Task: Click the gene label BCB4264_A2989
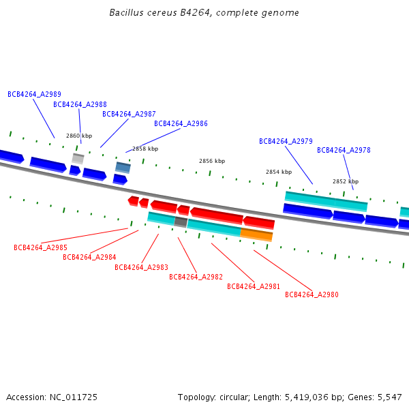pos(34,95)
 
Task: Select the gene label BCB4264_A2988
pos(80,105)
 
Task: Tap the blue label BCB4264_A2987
pos(129,115)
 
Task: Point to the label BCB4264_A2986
pos(181,124)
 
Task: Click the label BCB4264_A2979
pos(286,142)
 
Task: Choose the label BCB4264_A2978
pos(344,151)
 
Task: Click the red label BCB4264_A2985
pos(40,247)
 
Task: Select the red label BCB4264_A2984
pos(89,257)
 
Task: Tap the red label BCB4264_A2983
pos(141,267)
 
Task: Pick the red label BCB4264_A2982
pos(196,277)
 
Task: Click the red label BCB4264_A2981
pos(254,286)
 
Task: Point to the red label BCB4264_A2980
pos(312,295)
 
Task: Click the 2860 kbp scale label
pos(79,136)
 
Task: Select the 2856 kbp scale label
pos(211,162)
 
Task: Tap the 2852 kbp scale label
pos(345,182)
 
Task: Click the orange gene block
pos(256,234)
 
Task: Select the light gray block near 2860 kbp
pos(78,158)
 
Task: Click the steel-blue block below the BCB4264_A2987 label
pos(123,167)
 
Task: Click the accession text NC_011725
pos(73,397)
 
